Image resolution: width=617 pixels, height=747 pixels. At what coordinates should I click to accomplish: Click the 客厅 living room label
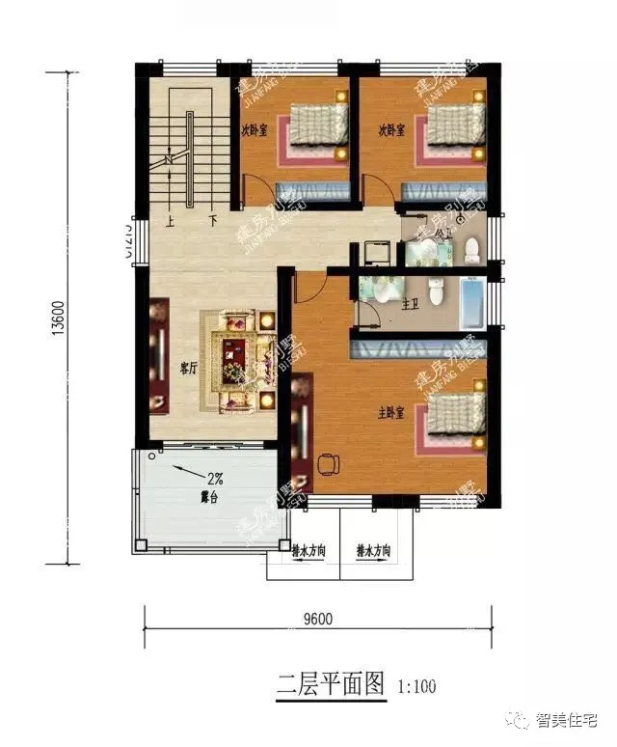(x=189, y=368)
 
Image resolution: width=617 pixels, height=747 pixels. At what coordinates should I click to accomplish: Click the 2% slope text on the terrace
(x=215, y=477)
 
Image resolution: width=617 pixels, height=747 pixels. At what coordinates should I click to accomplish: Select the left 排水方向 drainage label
(x=308, y=551)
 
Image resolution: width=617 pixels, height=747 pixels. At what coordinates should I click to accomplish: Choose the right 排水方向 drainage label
(x=373, y=551)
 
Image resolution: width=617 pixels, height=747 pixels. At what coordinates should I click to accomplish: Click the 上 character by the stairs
(x=170, y=220)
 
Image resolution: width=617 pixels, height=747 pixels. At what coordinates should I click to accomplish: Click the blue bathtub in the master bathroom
(x=475, y=302)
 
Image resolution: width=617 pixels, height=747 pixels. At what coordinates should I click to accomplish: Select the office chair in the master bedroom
(x=327, y=464)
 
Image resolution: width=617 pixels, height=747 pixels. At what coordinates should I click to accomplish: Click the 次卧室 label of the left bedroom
(x=255, y=129)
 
